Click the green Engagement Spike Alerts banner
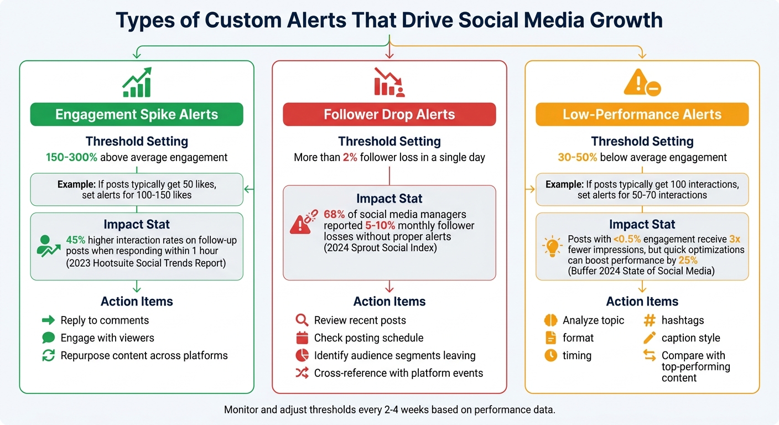tap(137, 115)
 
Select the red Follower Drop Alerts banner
tap(389, 115)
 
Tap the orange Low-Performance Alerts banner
tap(642, 115)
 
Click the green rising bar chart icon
tap(137, 83)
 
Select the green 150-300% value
tap(71, 158)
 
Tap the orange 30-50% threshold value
tap(577, 158)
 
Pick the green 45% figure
tap(75, 240)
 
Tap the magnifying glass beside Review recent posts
tap(302, 320)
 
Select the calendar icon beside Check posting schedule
tap(302, 338)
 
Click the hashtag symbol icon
tap(650, 320)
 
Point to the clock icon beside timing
tap(551, 355)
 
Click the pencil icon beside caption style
tap(650, 338)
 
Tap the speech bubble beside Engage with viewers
tap(49, 338)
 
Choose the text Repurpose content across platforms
tap(144, 355)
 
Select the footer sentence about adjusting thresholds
tap(389, 410)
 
